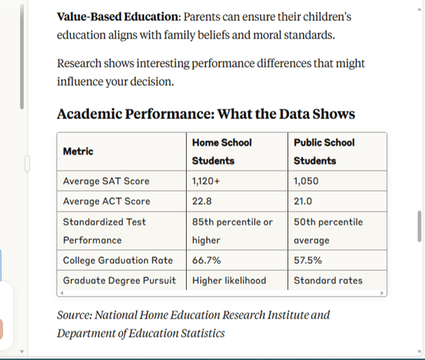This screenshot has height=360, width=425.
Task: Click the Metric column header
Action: pyautogui.click(x=78, y=151)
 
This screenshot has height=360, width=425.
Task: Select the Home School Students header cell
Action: pyautogui.click(x=222, y=151)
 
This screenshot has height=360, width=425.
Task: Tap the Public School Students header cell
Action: pyautogui.click(x=324, y=151)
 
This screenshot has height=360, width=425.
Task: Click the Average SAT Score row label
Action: pyautogui.click(x=106, y=181)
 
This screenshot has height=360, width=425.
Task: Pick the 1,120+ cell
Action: pyautogui.click(x=206, y=181)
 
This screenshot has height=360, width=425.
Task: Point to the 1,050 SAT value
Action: pyautogui.click(x=306, y=181)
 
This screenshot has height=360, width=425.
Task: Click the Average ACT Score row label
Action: pyautogui.click(x=106, y=201)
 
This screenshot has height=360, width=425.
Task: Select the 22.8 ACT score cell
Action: pyautogui.click(x=202, y=201)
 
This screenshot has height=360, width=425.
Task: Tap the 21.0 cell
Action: pyautogui.click(x=303, y=201)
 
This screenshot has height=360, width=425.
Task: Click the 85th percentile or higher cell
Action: pyautogui.click(x=233, y=231)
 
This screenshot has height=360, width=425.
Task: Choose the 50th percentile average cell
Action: pyautogui.click(x=328, y=231)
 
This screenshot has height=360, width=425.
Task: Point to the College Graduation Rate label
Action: pyautogui.click(x=118, y=261)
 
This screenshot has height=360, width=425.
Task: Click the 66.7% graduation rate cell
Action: pyautogui.click(x=207, y=261)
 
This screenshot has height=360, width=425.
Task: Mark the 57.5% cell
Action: pyautogui.click(x=308, y=261)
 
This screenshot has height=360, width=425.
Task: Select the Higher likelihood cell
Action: pyautogui.click(x=229, y=280)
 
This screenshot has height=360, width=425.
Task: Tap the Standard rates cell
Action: pyautogui.click(x=328, y=280)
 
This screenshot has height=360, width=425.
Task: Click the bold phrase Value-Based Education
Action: pyautogui.click(x=118, y=17)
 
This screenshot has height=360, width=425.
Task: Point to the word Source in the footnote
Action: pyautogui.click(x=75, y=315)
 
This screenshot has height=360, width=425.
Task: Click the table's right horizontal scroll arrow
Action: pyautogui.click(x=382, y=293)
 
